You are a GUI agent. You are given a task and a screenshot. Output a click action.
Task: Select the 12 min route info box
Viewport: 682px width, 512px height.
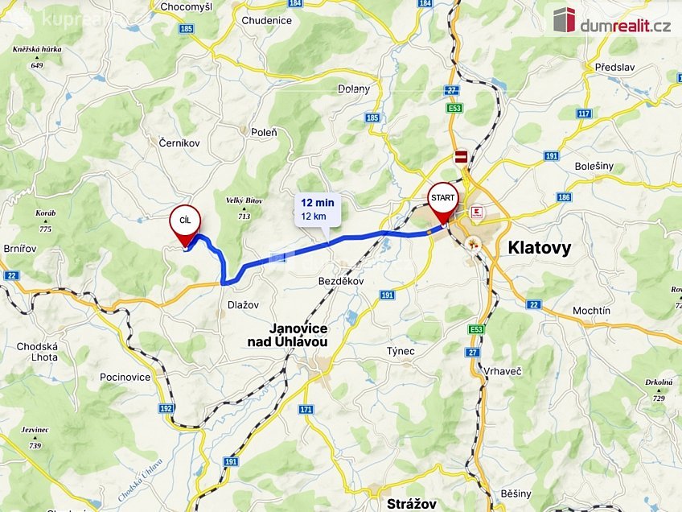318,209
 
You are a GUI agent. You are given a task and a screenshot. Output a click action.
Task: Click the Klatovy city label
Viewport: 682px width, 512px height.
540,248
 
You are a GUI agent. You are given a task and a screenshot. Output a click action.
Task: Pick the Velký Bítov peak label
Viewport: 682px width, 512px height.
244,205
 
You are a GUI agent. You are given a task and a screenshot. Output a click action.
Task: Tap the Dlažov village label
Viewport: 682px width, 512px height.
242,305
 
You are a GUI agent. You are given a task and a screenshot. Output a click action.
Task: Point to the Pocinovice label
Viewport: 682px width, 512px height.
125,377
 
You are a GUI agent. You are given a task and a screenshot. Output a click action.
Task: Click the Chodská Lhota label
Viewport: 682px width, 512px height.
37,352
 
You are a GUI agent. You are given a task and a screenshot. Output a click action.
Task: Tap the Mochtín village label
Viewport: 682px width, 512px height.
591,310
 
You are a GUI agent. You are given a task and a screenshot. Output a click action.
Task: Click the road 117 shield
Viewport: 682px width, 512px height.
585,114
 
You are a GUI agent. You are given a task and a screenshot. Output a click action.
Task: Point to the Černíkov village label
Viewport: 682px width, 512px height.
179,142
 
